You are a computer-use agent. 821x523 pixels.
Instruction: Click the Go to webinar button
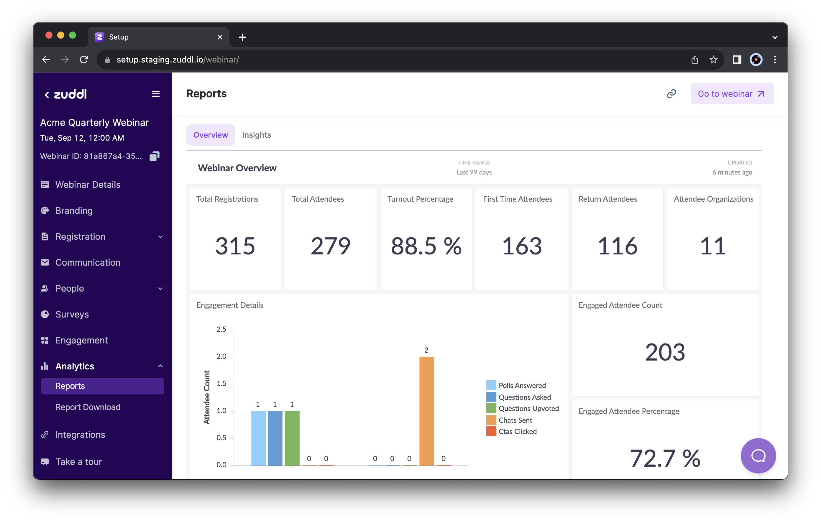(x=732, y=94)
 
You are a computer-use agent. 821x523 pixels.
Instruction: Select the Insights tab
(x=256, y=135)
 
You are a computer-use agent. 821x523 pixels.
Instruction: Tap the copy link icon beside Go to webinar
(x=671, y=94)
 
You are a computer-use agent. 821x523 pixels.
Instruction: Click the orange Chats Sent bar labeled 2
(x=426, y=411)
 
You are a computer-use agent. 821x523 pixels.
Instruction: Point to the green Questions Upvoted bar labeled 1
(x=292, y=438)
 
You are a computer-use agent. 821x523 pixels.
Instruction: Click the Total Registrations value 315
(x=235, y=246)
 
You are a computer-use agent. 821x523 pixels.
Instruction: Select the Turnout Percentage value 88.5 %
(x=426, y=246)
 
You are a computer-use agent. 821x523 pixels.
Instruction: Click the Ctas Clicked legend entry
(x=517, y=431)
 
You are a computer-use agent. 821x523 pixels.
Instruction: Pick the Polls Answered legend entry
(x=522, y=385)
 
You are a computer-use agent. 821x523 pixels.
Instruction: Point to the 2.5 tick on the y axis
(x=221, y=329)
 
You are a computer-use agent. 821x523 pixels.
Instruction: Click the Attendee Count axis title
(x=207, y=397)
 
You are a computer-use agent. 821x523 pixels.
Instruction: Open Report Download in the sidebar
(x=88, y=407)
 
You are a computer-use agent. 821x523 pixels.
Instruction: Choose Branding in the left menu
(x=74, y=210)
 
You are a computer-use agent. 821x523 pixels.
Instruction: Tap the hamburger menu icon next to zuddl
(x=155, y=94)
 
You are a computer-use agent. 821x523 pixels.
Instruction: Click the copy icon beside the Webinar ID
(x=155, y=156)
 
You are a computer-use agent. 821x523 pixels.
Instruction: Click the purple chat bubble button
(x=758, y=455)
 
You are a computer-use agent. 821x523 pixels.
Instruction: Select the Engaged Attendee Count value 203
(x=664, y=352)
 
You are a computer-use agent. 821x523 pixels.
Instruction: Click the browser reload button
(x=84, y=60)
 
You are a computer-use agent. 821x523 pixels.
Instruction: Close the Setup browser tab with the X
(x=220, y=37)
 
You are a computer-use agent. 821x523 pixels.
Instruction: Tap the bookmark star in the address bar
(x=713, y=60)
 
